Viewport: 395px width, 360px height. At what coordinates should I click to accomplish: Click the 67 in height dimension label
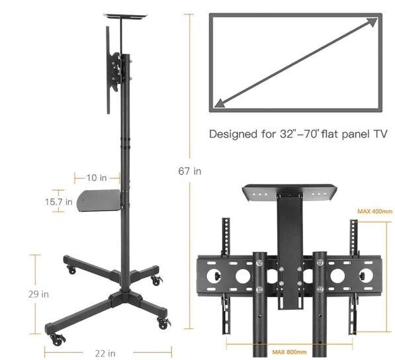click(190, 171)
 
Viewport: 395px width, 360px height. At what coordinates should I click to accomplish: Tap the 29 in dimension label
click(38, 294)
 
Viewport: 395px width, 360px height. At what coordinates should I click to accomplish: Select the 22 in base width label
click(105, 353)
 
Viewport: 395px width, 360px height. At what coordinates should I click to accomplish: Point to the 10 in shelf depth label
click(97, 178)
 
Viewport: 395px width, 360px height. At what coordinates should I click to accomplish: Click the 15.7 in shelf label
click(59, 202)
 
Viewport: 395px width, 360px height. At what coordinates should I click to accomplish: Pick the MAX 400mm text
click(375, 211)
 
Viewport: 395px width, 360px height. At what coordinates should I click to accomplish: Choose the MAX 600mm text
click(289, 351)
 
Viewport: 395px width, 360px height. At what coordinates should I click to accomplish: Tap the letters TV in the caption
click(380, 134)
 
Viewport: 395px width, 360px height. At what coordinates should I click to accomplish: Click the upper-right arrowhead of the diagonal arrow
click(373, 22)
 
